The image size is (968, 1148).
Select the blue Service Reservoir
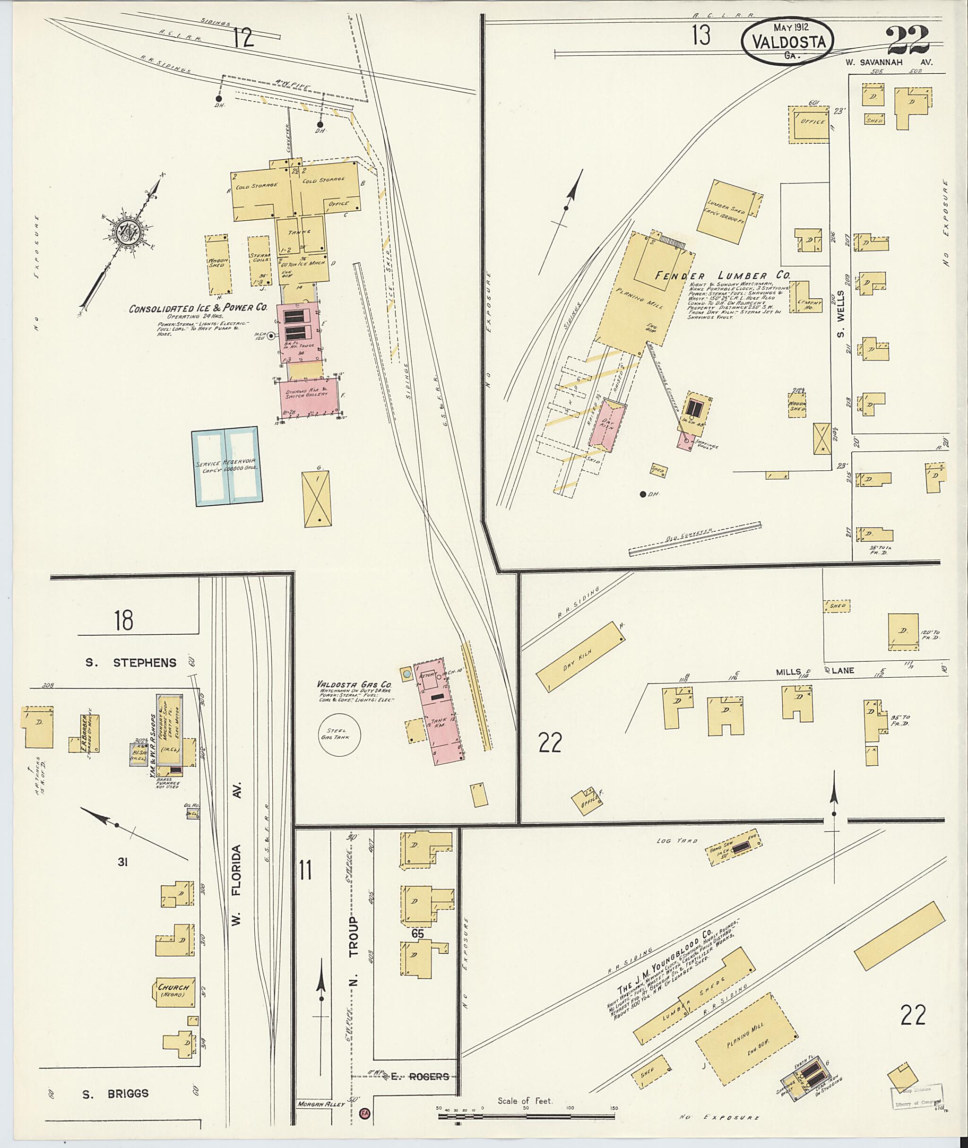tap(226, 466)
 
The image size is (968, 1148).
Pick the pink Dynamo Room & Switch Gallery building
tap(311, 397)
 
